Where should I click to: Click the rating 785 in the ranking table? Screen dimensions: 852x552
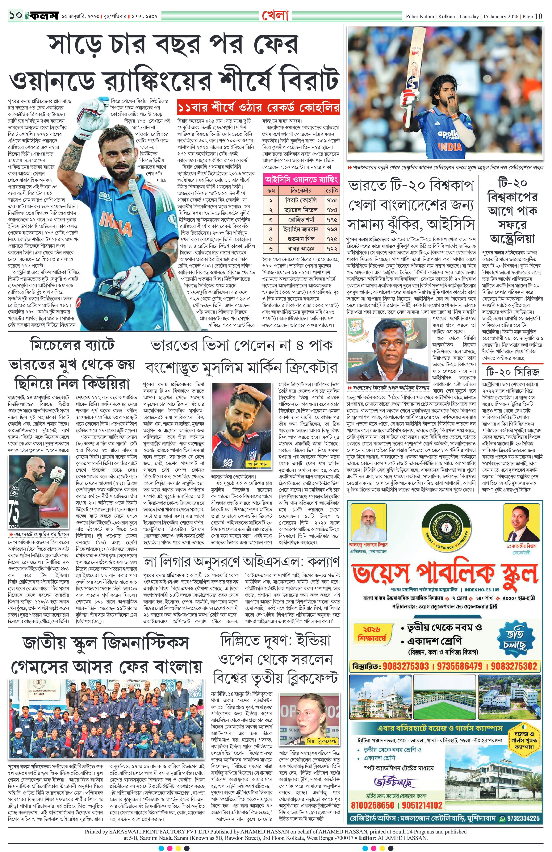point(331,200)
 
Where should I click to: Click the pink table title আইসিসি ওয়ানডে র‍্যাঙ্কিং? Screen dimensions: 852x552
point(301,179)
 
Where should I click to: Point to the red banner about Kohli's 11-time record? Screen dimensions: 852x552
point(258,108)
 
